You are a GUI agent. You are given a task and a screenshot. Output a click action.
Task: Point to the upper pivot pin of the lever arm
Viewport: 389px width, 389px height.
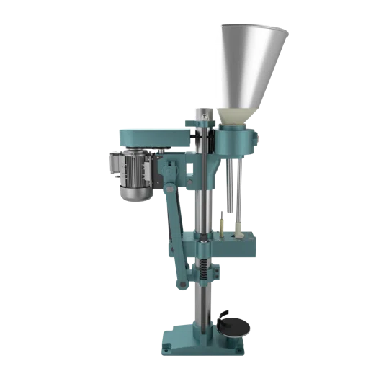click(166, 189)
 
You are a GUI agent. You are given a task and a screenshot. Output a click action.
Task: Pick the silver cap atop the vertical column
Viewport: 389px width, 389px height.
click(202, 112)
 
